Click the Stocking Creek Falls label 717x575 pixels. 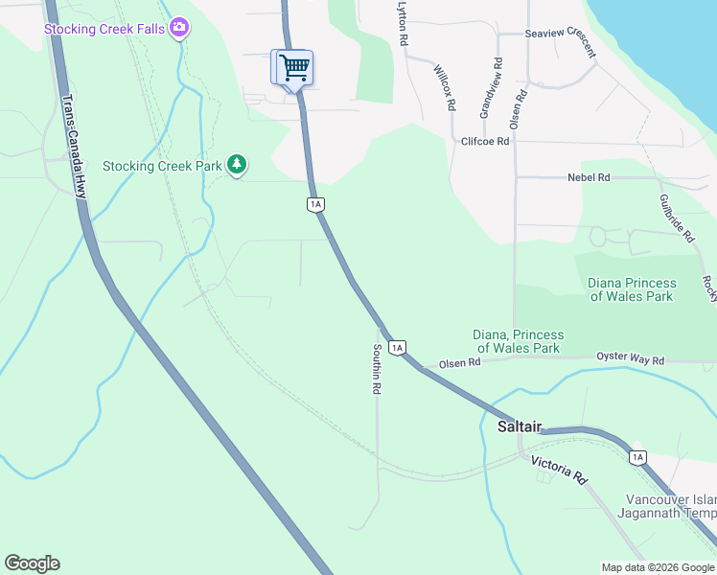[105, 28]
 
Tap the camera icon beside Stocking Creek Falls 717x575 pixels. [178, 28]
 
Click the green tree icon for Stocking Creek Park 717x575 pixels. [237, 166]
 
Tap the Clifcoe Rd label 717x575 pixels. [484, 140]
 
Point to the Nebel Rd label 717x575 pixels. [589, 177]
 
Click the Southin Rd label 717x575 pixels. [378, 370]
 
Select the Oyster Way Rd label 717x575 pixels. [630, 359]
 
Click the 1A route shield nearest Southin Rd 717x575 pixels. [398, 346]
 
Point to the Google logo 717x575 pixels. [32, 563]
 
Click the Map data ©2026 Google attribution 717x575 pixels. [658, 567]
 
